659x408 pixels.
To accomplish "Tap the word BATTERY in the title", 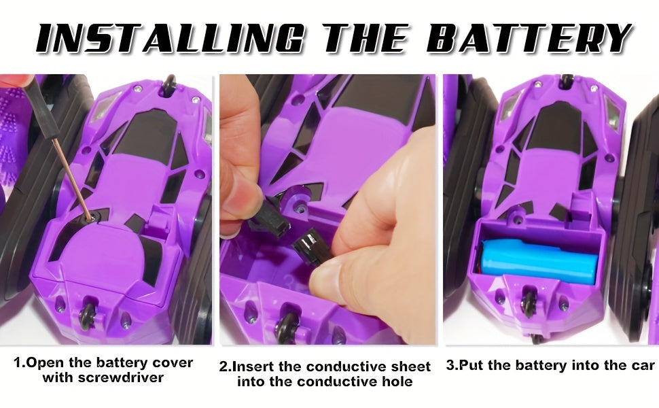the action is tap(529, 39).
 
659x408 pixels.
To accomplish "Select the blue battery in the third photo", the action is tap(539, 261).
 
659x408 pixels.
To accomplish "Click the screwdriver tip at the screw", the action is tap(90, 218).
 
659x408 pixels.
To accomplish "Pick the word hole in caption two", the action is tap(398, 381).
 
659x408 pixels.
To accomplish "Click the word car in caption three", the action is tap(643, 364).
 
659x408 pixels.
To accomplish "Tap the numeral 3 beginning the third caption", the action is tap(450, 364).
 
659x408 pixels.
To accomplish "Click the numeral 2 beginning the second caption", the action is tap(223, 367).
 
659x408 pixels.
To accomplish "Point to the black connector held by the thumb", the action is tap(311, 249).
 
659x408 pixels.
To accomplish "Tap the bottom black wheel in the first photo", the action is tap(89, 318).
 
